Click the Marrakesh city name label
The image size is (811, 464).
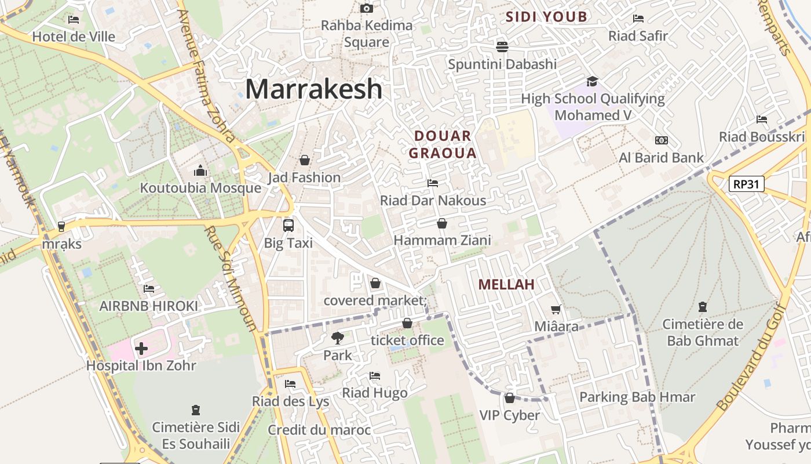(x=313, y=89)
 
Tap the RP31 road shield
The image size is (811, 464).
(x=747, y=184)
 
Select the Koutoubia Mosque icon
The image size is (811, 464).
(x=200, y=171)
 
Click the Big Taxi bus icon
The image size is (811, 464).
(x=288, y=226)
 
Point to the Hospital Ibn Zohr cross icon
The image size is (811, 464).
(x=141, y=349)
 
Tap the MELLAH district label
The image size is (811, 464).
(x=506, y=285)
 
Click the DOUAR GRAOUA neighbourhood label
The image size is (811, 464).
(x=445, y=144)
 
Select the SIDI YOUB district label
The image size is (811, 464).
(x=546, y=17)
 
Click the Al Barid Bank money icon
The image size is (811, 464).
(x=661, y=140)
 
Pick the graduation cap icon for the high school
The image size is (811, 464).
(x=592, y=81)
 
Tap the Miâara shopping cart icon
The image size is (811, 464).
(x=556, y=310)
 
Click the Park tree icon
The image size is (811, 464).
(x=337, y=338)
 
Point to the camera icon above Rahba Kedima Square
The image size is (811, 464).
(x=366, y=8)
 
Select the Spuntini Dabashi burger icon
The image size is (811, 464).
(x=502, y=46)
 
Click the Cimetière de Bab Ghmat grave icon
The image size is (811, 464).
(x=703, y=306)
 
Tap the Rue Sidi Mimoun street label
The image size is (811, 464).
(x=231, y=278)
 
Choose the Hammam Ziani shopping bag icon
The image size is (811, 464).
(x=442, y=223)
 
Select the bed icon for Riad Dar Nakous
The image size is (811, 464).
(x=432, y=183)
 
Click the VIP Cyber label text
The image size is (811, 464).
(x=509, y=415)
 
